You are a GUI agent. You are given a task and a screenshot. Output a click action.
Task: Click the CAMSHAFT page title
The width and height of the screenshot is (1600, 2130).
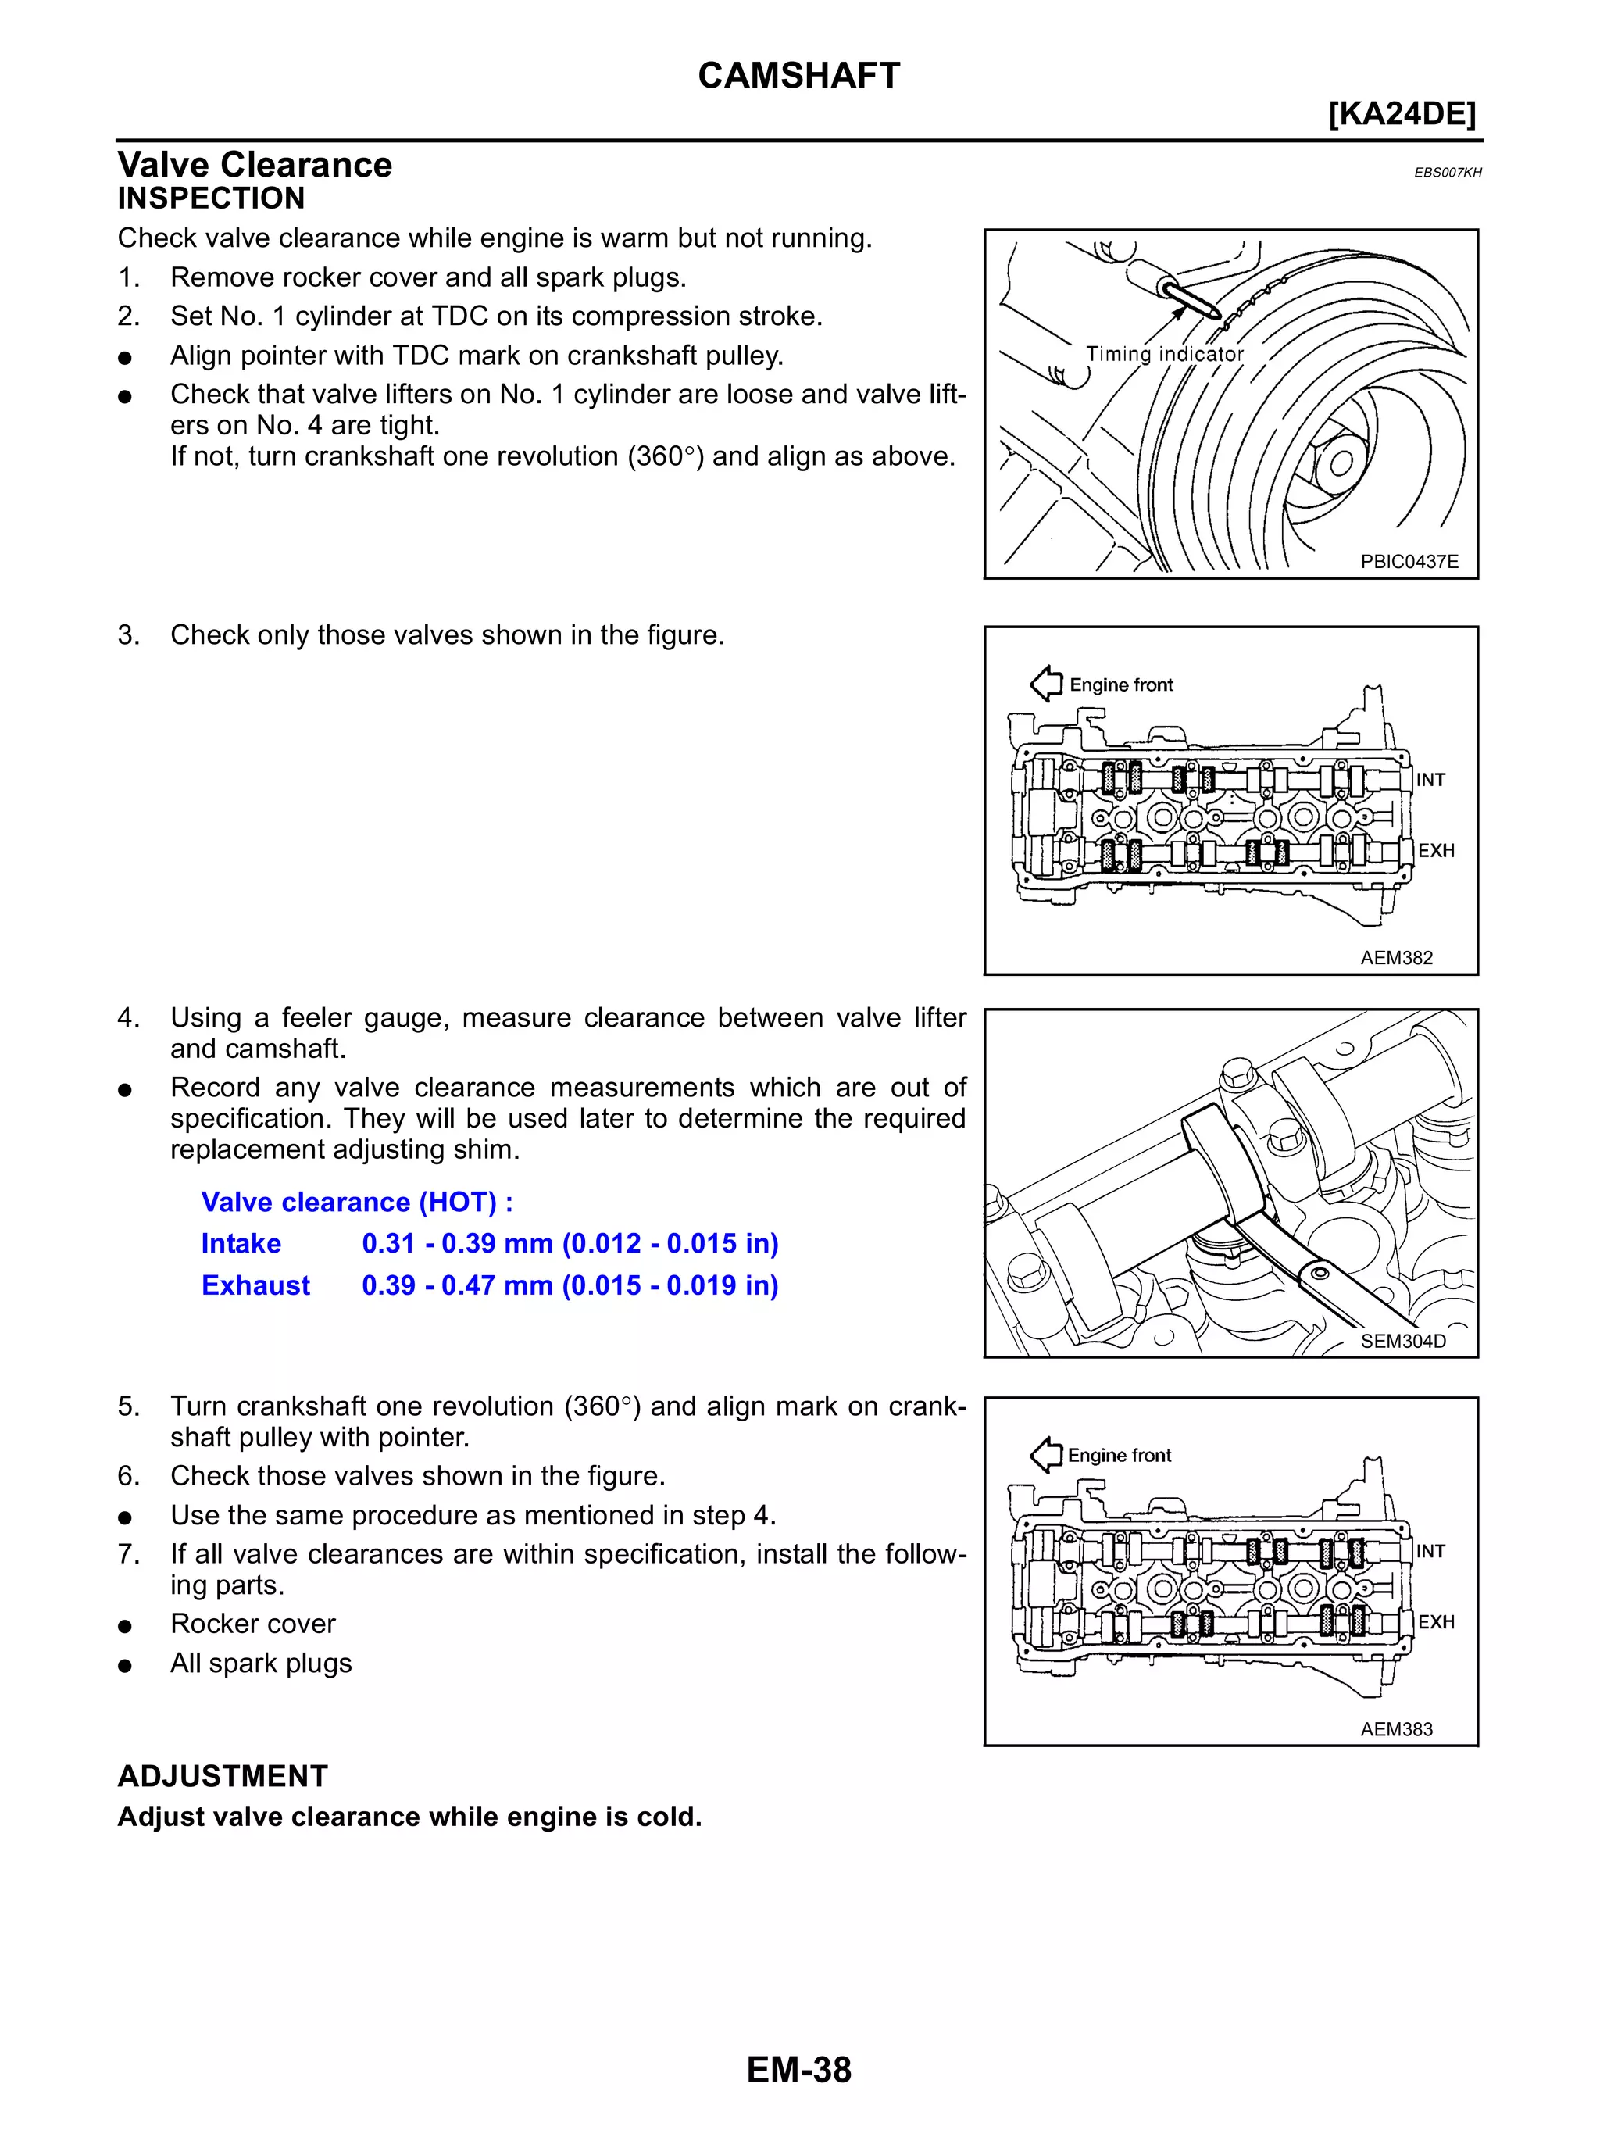798,75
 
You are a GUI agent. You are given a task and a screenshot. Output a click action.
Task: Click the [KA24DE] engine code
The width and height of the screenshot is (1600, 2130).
1401,113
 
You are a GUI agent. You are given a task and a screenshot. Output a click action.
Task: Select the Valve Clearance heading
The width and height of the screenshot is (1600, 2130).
254,165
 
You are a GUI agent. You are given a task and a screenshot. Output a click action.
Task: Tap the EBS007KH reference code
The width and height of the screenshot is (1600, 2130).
1447,173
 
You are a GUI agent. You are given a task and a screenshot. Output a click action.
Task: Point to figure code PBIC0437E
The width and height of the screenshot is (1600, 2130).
1409,561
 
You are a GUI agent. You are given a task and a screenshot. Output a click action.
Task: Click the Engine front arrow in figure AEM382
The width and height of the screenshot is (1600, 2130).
1045,684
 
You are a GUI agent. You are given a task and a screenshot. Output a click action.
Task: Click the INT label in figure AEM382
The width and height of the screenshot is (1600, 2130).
1430,780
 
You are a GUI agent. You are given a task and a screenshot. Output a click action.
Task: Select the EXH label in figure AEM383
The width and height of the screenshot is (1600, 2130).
1435,1621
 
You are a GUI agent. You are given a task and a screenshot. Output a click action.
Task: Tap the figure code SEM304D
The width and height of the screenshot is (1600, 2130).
1402,1340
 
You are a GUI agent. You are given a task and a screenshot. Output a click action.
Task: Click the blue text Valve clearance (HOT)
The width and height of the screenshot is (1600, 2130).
356,1202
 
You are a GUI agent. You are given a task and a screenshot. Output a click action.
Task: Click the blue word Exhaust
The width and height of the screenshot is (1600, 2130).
255,1285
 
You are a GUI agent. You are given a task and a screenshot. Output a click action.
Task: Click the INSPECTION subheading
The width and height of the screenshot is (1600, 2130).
211,198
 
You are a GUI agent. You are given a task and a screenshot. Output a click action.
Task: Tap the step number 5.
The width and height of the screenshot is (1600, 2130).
128,1406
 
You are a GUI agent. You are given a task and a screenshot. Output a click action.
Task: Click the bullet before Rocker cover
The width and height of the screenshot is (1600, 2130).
124,1625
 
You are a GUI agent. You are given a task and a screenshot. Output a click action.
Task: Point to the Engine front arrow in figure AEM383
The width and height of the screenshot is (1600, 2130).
1045,1454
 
